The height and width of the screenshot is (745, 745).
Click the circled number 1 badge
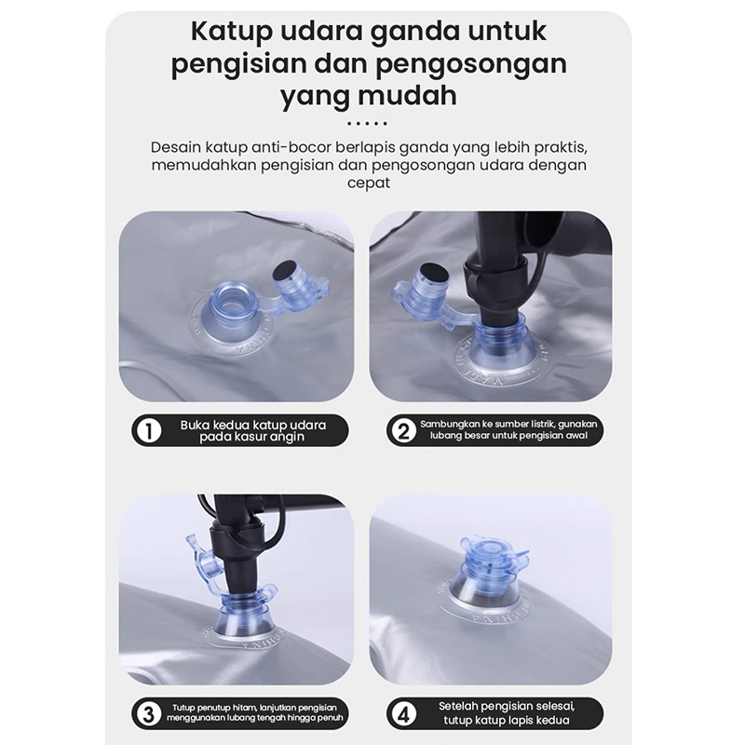pyautogui.click(x=149, y=431)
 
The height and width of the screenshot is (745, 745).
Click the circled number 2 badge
pyautogui.click(x=403, y=431)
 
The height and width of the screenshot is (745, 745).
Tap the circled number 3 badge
pyautogui.click(x=149, y=714)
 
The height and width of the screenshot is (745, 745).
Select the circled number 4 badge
pyautogui.click(x=403, y=714)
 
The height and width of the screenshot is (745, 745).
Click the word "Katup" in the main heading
pyautogui.click(x=231, y=33)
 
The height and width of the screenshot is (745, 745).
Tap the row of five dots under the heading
pyautogui.click(x=367, y=124)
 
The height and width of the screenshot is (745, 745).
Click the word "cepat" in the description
pyautogui.click(x=368, y=183)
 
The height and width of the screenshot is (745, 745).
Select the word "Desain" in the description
pyautogui.click(x=176, y=147)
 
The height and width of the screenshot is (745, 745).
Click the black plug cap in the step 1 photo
pyautogui.click(x=284, y=270)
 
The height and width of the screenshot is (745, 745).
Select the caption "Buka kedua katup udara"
pyautogui.click(x=252, y=425)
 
